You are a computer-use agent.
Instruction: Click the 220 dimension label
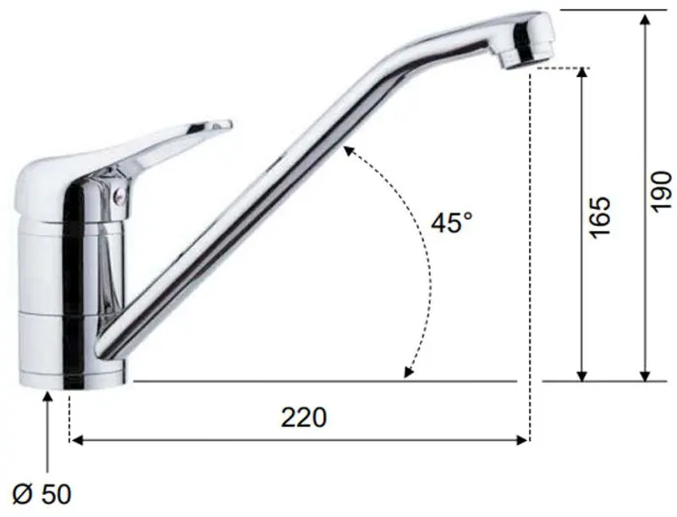304,417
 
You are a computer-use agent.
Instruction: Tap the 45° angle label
452,223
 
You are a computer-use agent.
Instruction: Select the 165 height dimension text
601,217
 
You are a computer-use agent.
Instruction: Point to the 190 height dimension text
662,191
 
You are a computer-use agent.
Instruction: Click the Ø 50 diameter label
41,494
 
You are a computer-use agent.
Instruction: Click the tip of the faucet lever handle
229,124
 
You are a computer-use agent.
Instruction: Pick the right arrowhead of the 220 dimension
522,440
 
